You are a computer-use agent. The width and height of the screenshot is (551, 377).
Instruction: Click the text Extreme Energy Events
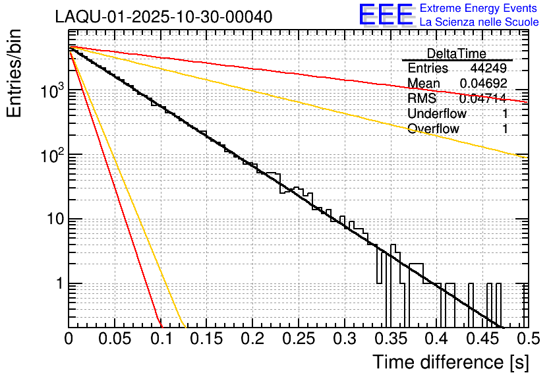pos(479,9)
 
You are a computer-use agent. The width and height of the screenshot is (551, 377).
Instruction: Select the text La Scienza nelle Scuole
pos(479,22)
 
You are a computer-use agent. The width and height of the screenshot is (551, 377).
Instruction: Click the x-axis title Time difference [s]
pos(451,362)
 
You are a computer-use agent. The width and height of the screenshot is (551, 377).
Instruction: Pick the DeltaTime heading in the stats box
pos(456,53)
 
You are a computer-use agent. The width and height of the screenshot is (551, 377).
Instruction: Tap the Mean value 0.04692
pos(483,84)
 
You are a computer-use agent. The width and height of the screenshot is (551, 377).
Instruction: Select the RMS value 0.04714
pos(483,99)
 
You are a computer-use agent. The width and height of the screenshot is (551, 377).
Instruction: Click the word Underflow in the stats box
pos(437,113)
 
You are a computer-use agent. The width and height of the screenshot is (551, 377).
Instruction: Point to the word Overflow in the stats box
pos(433,129)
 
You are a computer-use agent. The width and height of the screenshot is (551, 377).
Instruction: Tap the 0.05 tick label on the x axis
pos(115,339)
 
